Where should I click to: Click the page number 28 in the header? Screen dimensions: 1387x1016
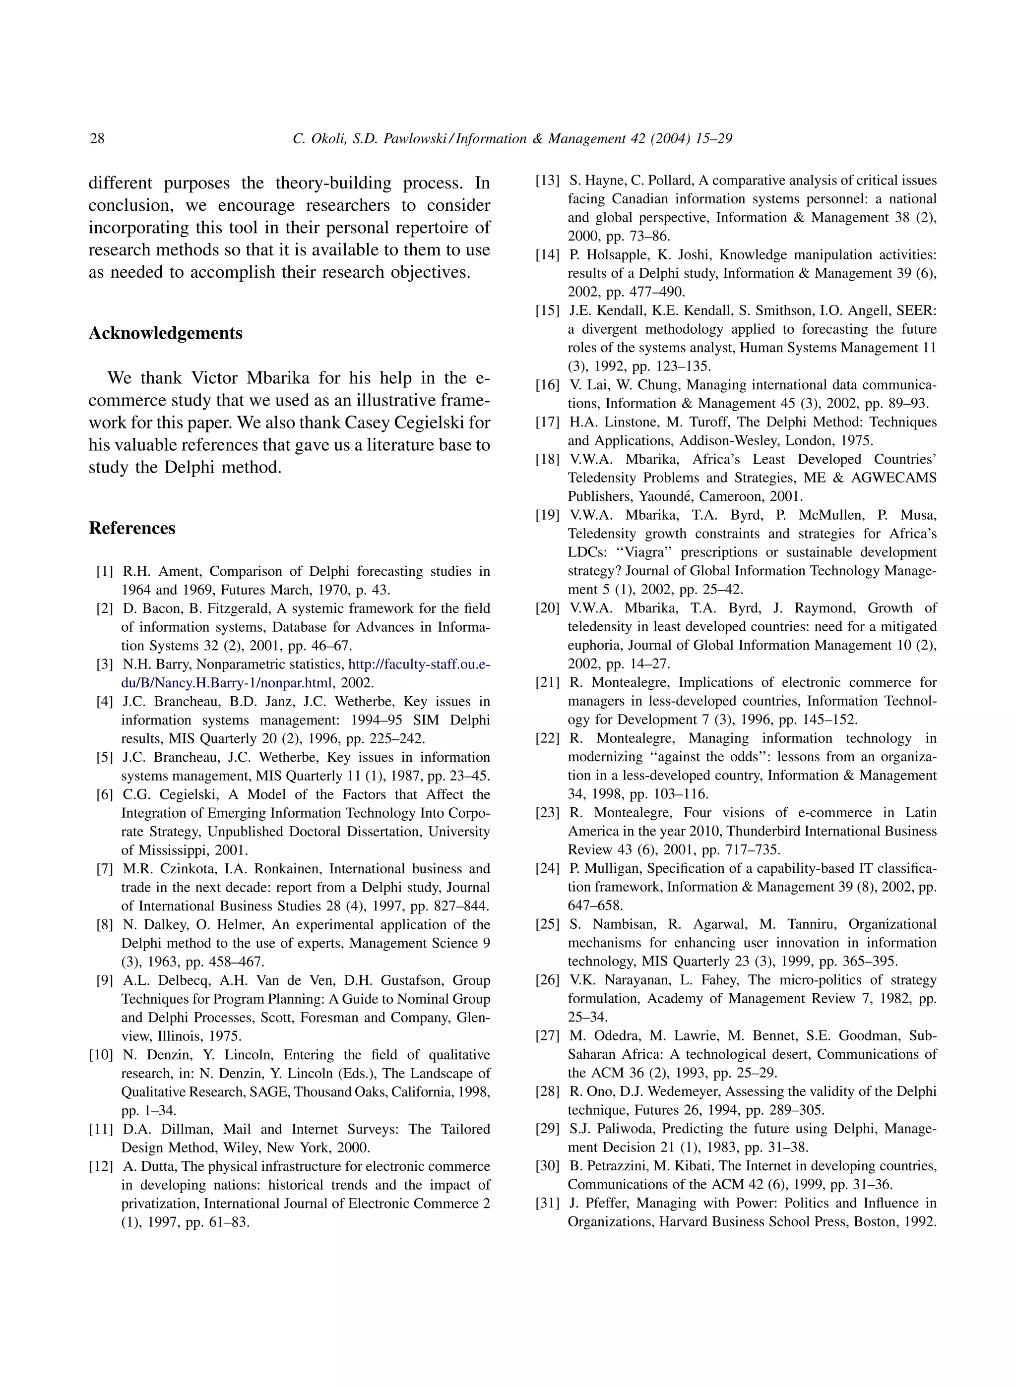click(97, 138)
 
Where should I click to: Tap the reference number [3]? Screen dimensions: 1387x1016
click(105, 664)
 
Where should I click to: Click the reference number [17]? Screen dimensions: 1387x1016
click(547, 422)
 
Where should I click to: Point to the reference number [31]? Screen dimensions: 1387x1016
click(547, 1203)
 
